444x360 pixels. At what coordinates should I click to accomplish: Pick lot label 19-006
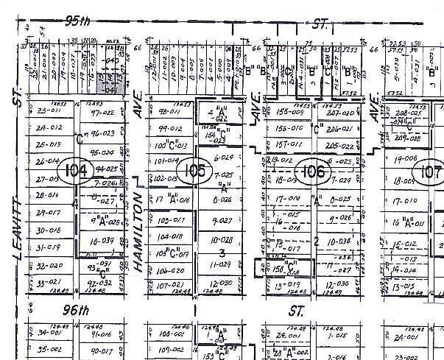point(404,157)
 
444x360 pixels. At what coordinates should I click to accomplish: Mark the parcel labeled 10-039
point(102,241)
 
